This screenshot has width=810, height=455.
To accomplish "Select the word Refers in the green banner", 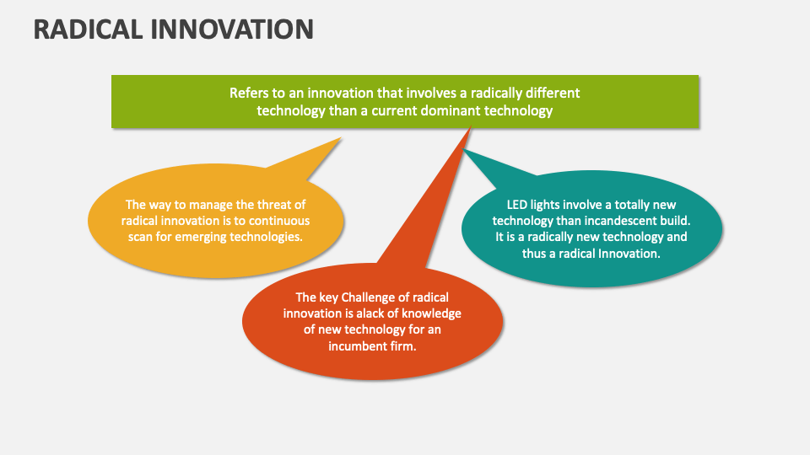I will tap(249, 93).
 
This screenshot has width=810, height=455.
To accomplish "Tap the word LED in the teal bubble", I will tap(517, 204).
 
